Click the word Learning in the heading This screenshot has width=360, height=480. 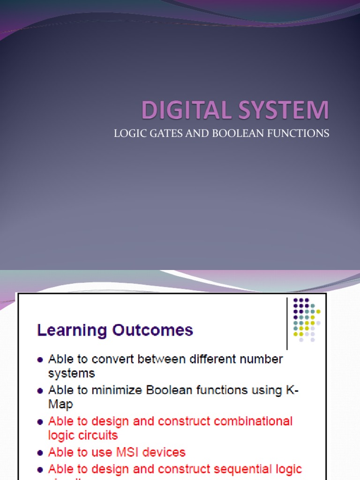tap(72, 330)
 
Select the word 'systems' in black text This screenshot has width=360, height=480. tap(71, 374)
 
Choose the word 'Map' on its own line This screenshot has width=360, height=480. tap(61, 404)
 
